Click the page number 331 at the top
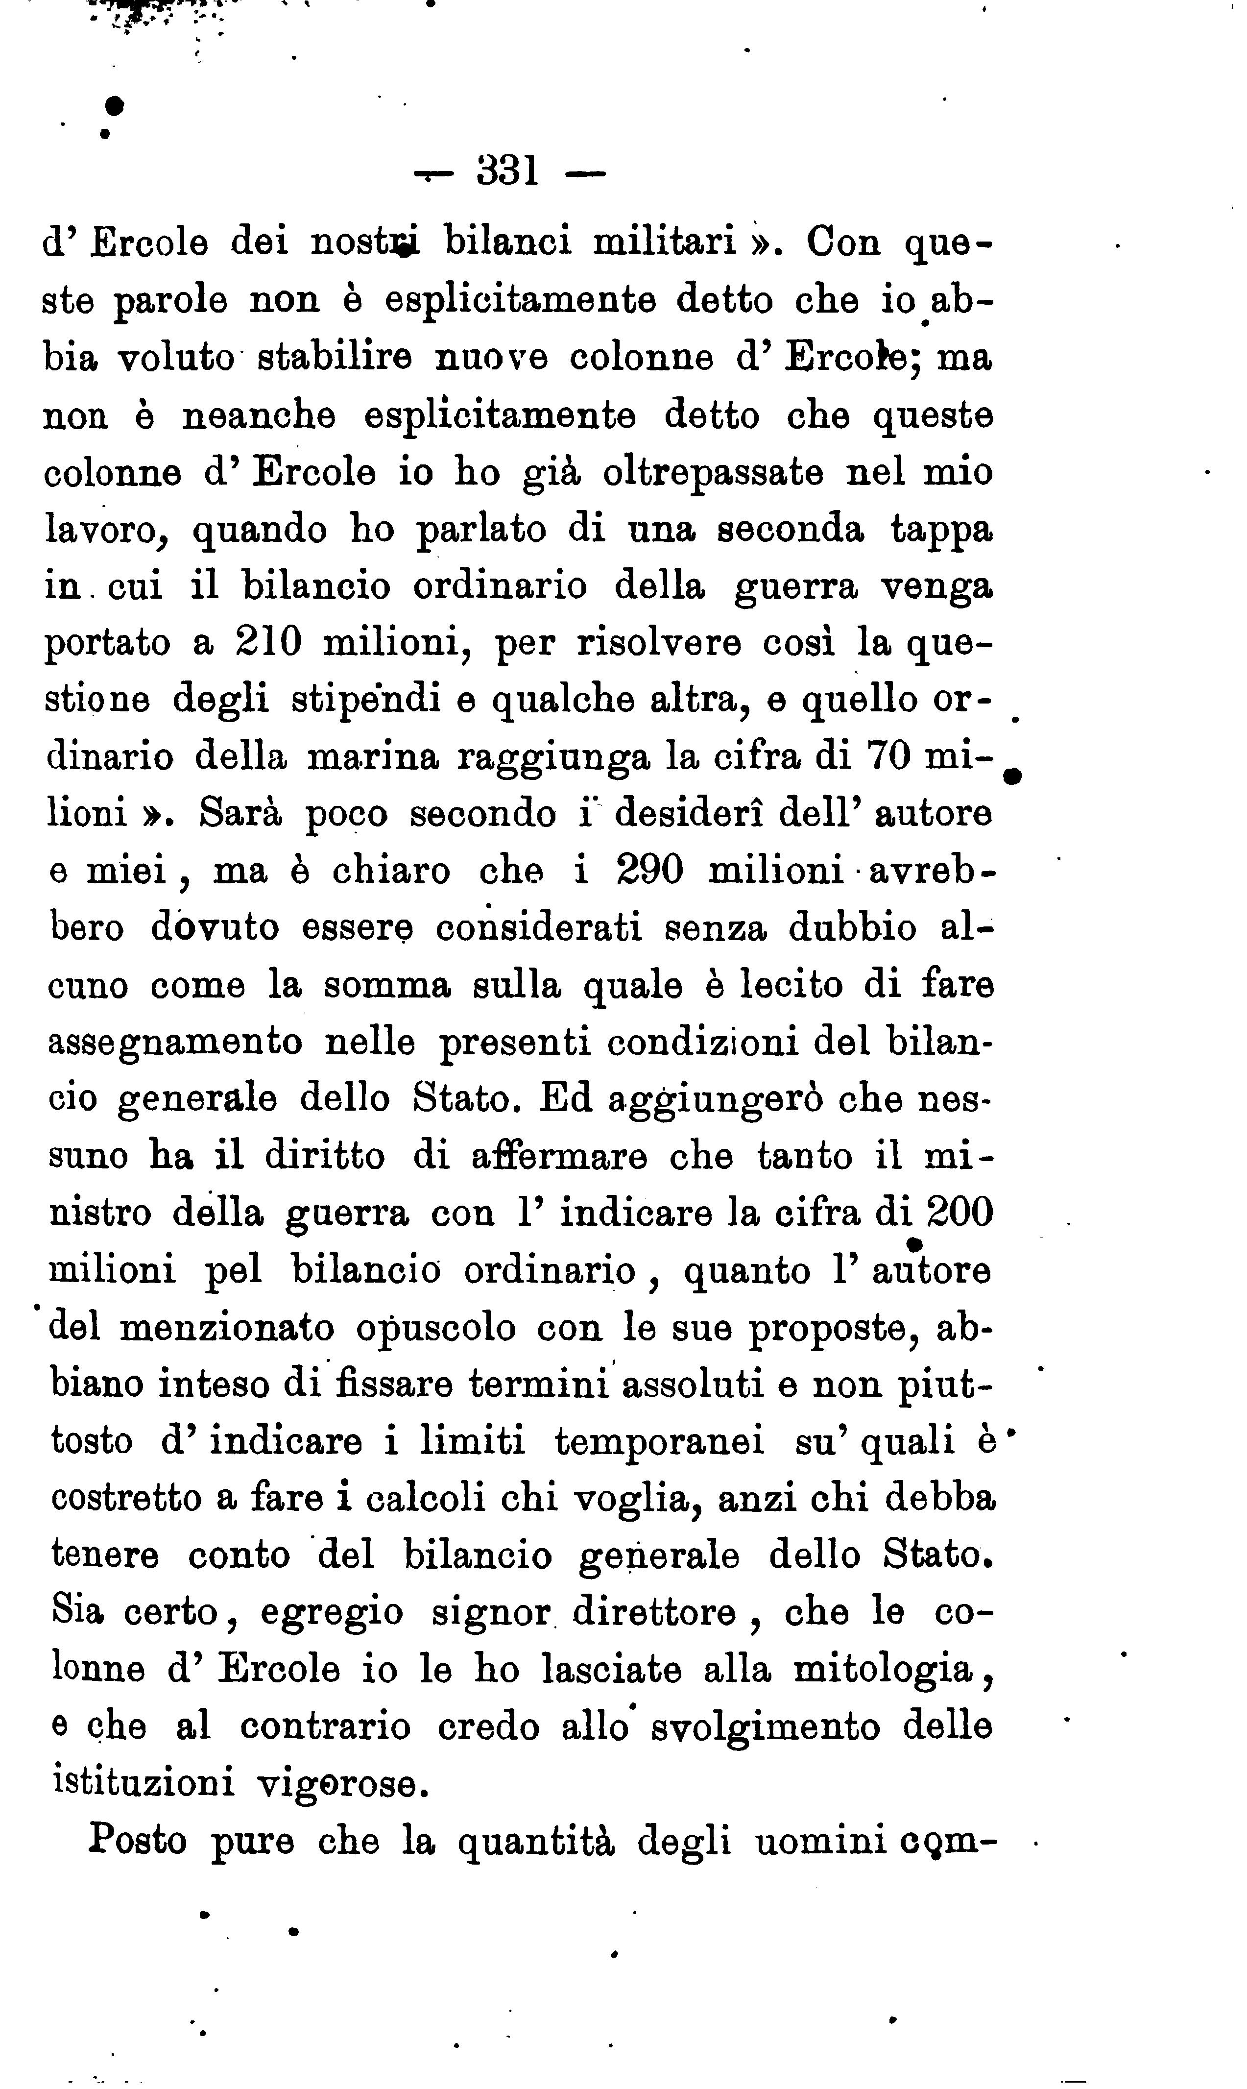point(507,172)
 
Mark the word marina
point(372,757)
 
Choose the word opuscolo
point(434,1329)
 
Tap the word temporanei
point(660,1442)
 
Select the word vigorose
point(336,1783)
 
